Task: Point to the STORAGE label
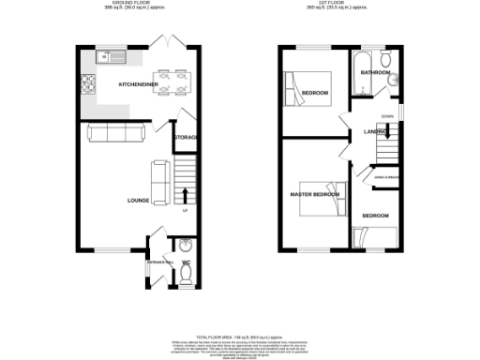[x=186, y=139]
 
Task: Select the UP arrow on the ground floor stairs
[x=185, y=195]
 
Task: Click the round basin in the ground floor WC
[x=185, y=247]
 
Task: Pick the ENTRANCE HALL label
[x=155, y=262]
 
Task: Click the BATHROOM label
[x=377, y=72]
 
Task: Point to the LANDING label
[x=376, y=133]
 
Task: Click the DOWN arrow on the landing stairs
[x=386, y=116]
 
